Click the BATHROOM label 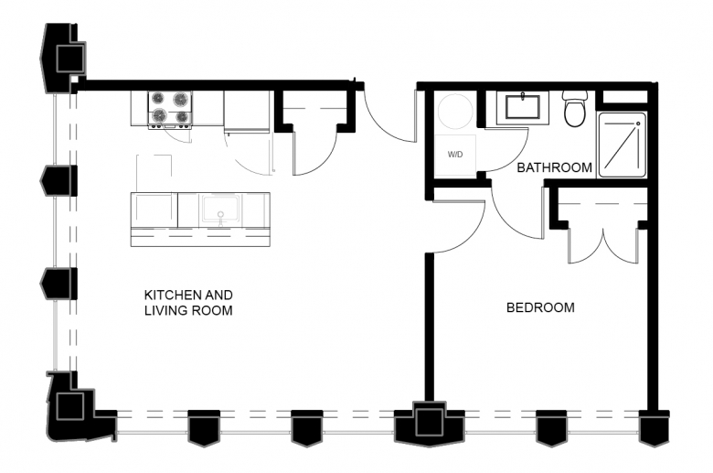554,167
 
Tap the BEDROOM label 540,307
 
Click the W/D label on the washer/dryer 454,155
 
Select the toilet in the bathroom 575,108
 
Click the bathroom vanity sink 522,108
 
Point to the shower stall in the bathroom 622,145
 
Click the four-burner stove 170,109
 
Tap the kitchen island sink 221,210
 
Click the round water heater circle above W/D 454,112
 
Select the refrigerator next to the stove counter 247,112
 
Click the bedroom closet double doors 603,246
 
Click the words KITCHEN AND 188,295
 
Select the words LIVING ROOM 188,310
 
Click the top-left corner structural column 63,59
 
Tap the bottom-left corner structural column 75,406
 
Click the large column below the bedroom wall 429,423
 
